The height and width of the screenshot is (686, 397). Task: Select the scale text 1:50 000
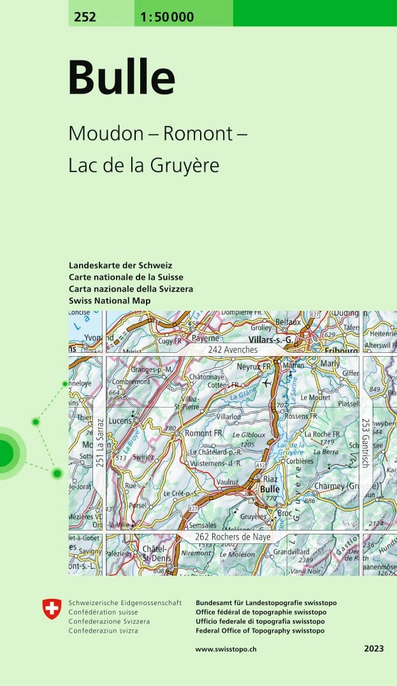164,17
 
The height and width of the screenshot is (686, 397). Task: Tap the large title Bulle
121,78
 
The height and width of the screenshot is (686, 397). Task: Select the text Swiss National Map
110,301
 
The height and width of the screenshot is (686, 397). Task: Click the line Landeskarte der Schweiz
120,265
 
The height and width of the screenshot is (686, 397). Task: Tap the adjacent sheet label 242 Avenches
233,350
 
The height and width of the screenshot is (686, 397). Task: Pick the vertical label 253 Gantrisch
366,443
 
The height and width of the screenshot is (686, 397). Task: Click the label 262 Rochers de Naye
233,538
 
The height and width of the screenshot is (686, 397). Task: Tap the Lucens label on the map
120,422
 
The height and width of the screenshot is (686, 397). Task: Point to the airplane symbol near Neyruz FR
266,382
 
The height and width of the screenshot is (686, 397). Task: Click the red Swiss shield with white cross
52,609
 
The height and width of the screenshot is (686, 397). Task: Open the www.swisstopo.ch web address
235,649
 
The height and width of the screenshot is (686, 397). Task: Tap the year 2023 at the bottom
374,649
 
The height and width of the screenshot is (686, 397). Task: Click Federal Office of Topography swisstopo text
260,631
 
